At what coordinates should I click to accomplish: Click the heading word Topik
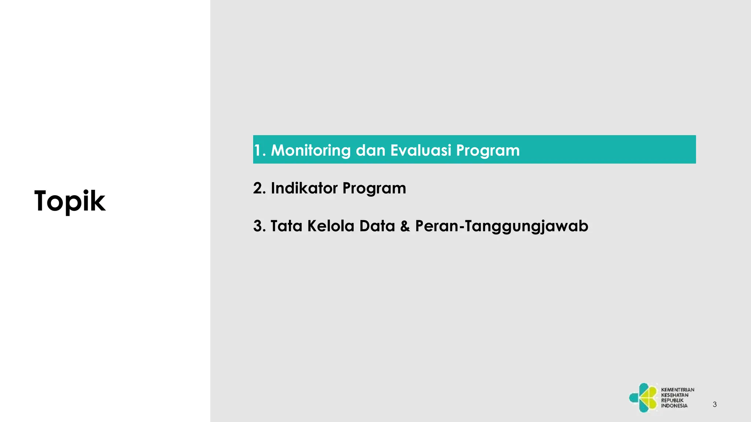(70, 201)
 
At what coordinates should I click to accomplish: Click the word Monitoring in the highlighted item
(311, 151)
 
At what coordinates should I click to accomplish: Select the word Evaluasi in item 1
(420, 150)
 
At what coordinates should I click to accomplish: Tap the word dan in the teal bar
(370, 150)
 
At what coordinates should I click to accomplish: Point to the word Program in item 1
(488, 151)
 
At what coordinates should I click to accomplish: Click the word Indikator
(304, 188)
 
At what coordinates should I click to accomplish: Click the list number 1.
(258, 151)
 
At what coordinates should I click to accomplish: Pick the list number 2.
(259, 188)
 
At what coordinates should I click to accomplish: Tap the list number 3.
(259, 226)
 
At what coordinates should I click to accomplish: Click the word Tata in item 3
(286, 226)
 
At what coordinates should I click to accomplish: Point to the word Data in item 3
(377, 226)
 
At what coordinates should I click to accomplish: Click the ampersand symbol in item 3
(405, 226)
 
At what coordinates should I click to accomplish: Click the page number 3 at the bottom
(715, 404)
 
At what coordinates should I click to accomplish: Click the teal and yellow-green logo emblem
(644, 397)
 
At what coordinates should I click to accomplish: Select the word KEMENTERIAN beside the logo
(678, 390)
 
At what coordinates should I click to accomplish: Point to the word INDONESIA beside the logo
(674, 406)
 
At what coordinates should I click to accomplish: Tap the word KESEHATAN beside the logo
(675, 395)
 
